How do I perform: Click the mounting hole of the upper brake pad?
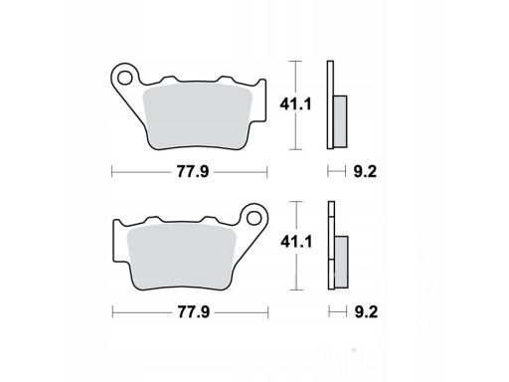[125, 79]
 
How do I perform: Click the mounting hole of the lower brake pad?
[254, 218]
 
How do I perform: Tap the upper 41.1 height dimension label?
[295, 104]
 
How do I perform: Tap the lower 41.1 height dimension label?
[296, 242]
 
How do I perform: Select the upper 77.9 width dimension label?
[193, 172]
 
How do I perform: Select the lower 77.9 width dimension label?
[194, 312]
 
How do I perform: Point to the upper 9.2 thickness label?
[365, 172]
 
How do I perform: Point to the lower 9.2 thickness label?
[366, 312]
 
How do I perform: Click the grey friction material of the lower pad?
[182, 255]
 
